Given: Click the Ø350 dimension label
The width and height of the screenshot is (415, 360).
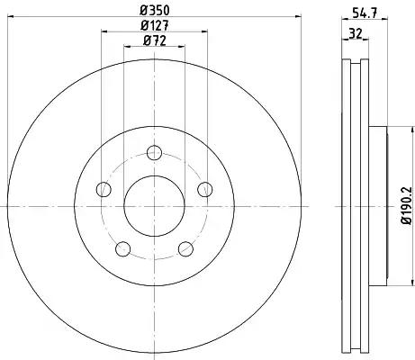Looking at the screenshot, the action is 155,11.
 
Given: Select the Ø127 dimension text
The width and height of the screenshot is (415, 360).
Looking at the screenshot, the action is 155,26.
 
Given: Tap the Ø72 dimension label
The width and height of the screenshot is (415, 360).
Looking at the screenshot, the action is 155,40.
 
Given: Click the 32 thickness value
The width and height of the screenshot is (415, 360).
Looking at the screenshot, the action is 356,33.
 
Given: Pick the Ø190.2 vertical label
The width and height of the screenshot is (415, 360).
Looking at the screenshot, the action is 407,205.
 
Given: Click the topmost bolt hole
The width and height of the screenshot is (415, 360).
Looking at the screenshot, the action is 155,152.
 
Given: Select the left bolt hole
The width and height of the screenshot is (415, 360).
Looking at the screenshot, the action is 104,189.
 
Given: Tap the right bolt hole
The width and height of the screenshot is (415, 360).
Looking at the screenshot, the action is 205,189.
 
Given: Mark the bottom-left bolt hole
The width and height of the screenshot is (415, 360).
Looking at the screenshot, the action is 123,249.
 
